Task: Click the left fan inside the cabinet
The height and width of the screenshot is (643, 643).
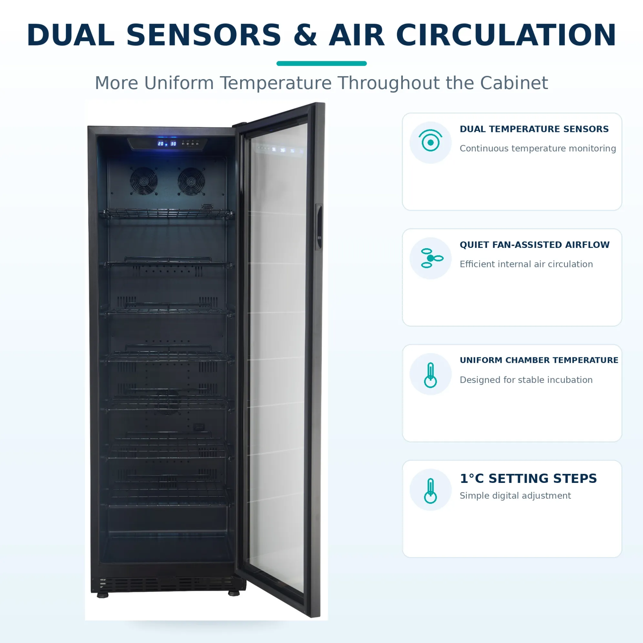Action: click(x=144, y=181)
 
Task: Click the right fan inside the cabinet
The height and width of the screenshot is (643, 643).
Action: click(x=191, y=181)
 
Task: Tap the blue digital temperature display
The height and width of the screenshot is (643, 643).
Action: click(x=167, y=143)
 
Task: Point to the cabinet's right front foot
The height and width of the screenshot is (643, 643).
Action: click(x=234, y=593)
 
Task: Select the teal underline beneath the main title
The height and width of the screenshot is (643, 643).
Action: click(x=321, y=64)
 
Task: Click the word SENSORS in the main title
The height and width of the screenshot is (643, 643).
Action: click(x=204, y=35)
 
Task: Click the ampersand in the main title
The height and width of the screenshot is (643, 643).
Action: click(x=306, y=35)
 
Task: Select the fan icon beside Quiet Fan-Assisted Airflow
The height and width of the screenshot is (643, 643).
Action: click(x=432, y=258)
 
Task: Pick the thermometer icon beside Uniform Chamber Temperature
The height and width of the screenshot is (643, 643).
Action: click(x=430, y=375)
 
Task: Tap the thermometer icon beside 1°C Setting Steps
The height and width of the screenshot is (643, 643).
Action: click(x=430, y=491)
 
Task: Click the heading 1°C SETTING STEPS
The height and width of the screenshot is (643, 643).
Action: click(x=528, y=478)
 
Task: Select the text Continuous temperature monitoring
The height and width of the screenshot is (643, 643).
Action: click(x=538, y=148)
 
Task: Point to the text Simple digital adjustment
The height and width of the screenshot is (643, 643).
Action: click(x=515, y=495)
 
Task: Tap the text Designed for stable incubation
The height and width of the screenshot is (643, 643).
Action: click(x=526, y=380)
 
